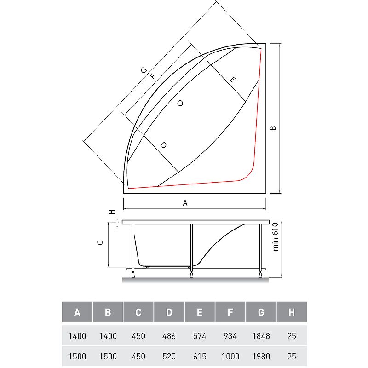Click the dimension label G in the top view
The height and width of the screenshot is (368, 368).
[144, 70]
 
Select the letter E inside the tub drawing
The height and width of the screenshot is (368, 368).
[233, 80]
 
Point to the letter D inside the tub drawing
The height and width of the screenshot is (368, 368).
[163, 145]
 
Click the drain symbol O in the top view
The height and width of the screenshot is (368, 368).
[180, 103]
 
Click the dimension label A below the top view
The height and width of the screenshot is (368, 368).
[185, 203]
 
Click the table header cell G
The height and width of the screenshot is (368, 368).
[261, 313]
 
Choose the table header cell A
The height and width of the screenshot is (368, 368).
[77, 313]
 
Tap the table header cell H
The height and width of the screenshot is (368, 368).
[292, 313]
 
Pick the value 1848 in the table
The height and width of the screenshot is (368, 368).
[261, 336]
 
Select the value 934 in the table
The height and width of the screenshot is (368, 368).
[230, 336]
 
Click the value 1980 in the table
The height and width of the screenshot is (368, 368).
[261, 356]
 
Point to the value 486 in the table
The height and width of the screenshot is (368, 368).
[169, 336]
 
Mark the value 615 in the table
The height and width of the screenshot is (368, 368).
[200, 356]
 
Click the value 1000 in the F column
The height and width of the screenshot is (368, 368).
[230, 356]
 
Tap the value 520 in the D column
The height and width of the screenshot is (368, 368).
[169, 356]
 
